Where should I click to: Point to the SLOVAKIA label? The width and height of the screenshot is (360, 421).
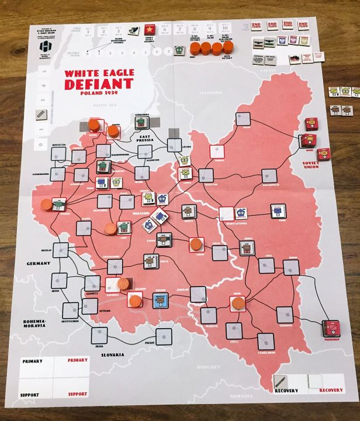(110, 355)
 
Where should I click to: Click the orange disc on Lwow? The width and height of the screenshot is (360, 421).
(237, 303)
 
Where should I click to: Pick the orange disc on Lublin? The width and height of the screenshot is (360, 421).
(196, 243)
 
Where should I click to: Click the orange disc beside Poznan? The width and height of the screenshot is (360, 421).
(46, 205)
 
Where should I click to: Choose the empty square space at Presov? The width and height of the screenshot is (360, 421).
(164, 336)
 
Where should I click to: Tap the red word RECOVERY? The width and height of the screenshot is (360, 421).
(331, 390)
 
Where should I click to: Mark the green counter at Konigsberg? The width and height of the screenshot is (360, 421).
(141, 123)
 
